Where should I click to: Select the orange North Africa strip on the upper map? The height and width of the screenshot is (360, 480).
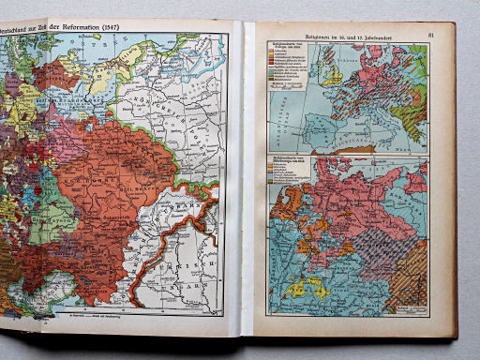[356, 149]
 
